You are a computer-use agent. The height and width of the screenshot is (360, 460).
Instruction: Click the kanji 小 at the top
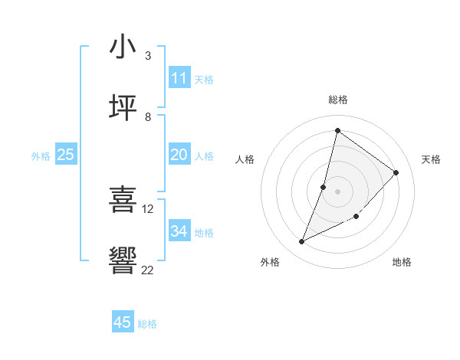123,47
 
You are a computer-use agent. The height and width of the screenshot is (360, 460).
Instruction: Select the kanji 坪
123,108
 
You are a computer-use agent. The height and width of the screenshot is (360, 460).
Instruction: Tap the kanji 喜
123,200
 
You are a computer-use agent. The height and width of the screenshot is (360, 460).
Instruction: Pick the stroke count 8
148,116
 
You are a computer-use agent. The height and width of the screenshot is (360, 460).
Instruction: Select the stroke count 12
148,208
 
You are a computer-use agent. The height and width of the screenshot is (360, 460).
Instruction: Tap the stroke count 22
148,269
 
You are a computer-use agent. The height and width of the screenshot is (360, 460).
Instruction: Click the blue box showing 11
179,78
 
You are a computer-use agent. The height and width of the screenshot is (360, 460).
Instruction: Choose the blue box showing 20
179,155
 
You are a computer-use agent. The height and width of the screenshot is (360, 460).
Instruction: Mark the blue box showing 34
179,231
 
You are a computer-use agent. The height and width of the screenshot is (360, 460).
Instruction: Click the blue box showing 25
66,155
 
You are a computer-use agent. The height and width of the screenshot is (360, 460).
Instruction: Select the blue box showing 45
123,322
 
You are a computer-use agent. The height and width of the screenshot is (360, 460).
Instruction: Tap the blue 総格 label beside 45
147,324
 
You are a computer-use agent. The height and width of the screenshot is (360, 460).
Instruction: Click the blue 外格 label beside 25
41,156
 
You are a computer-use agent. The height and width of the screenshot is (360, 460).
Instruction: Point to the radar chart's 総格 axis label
337,100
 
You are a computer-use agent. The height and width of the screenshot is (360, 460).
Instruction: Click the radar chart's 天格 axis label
431,159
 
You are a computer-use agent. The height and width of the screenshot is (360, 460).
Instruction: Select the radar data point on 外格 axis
301,242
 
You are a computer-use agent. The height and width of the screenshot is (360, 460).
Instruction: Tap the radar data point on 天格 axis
396,172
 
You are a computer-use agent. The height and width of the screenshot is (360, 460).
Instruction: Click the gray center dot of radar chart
337,191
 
